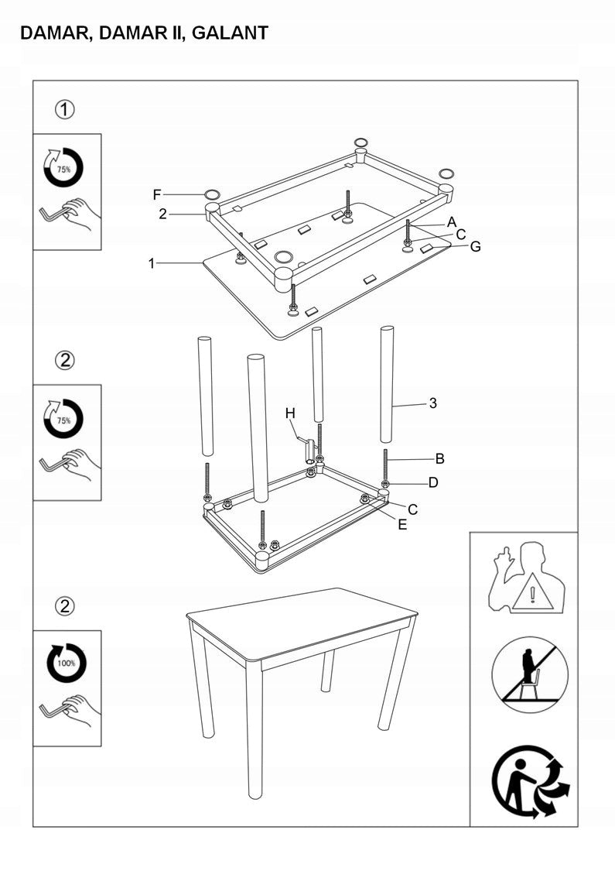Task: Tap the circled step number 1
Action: (66, 110)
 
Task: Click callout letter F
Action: (156, 194)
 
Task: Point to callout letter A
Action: (452, 221)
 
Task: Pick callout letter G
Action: (475, 247)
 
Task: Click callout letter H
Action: (290, 413)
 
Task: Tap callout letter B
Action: (439, 458)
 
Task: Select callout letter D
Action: (433, 483)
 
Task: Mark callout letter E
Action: (402, 524)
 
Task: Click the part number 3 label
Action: (433, 403)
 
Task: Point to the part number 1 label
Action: (152, 263)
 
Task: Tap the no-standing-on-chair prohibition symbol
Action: (530, 674)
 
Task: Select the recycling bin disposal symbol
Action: (531, 782)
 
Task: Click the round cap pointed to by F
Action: (213, 194)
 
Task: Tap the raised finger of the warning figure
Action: (504, 557)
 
